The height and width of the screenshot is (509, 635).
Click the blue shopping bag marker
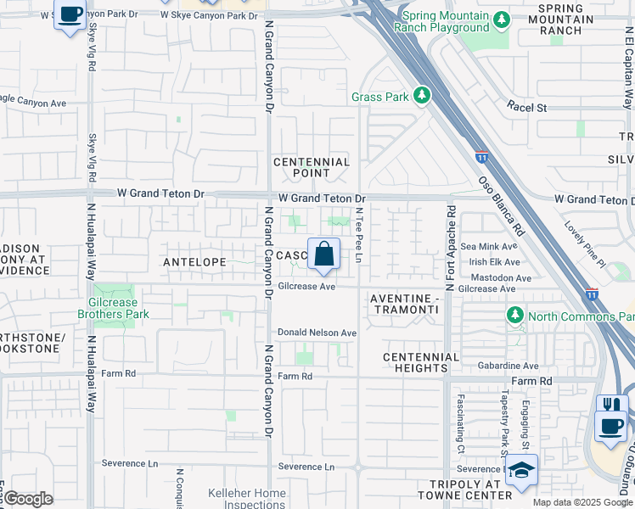[x=323, y=254]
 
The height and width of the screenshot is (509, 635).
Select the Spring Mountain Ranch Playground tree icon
[x=501, y=19]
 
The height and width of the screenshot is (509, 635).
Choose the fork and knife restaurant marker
[x=611, y=404]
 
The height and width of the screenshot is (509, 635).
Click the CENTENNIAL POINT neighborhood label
[x=312, y=167]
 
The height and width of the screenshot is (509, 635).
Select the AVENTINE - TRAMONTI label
[x=405, y=305]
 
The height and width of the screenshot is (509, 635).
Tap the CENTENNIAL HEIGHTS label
[x=421, y=362]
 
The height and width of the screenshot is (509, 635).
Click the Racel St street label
[x=527, y=108]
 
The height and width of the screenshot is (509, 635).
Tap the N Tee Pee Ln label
[x=360, y=237]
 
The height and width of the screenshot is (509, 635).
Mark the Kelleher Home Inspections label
[x=247, y=499]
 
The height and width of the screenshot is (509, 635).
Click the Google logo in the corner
[x=28, y=499]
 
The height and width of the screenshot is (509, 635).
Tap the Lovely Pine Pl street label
[x=585, y=246]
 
